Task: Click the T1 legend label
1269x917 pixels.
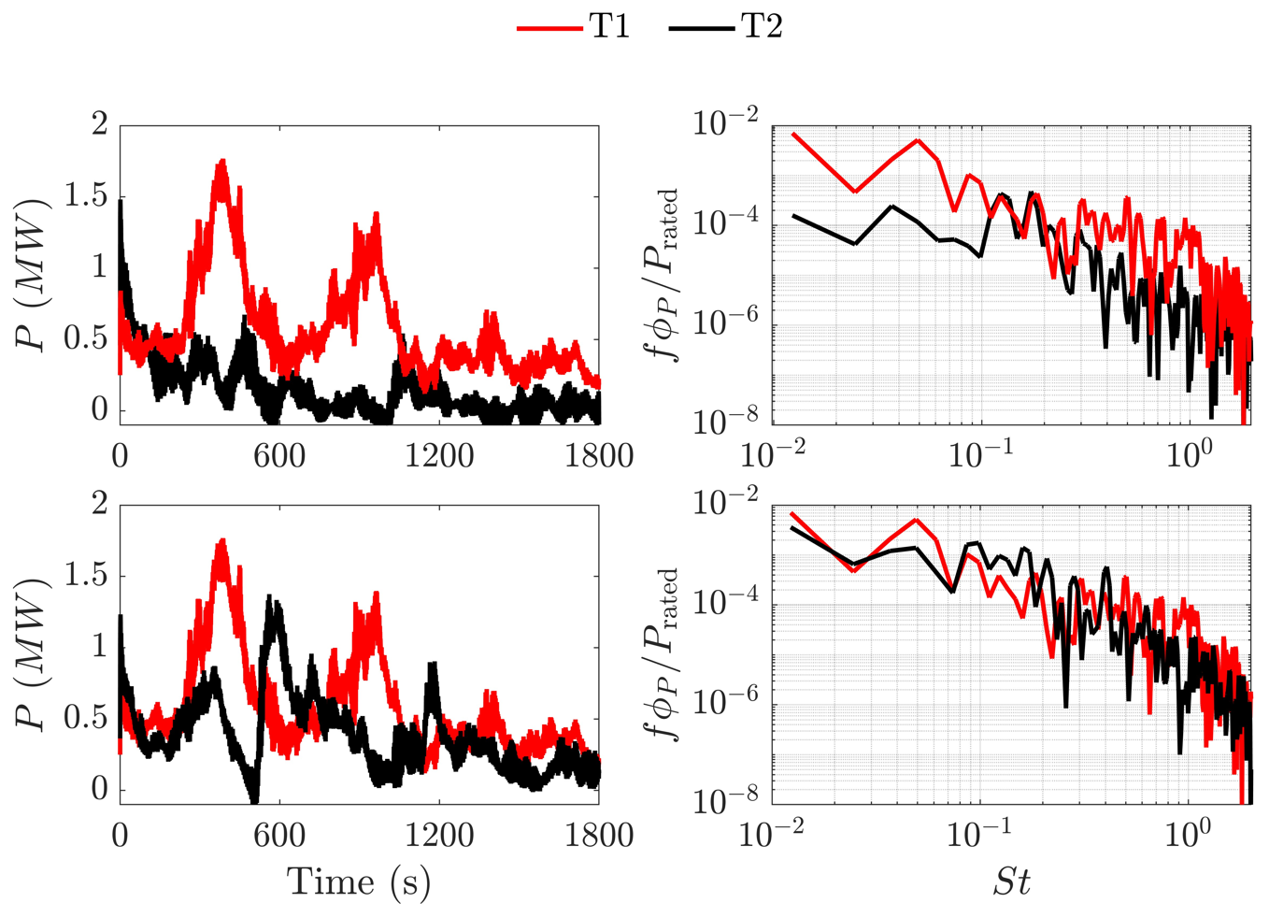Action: point(609,27)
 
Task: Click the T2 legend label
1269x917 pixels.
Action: point(762,27)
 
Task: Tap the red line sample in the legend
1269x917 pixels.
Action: point(550,28)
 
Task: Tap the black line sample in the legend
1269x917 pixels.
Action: point(702,28)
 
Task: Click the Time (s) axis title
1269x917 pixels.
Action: point(359,881)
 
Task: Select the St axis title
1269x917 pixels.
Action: point(1011,881)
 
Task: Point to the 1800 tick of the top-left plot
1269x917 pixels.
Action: point(599,455)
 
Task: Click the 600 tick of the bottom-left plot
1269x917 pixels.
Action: point(279,835)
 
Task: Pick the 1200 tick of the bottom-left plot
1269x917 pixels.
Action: point(439,835)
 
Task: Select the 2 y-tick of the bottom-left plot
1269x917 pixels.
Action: point(99,505)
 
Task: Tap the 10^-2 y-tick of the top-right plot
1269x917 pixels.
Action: point(724,123)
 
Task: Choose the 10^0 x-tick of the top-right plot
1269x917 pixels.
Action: point(1190,455)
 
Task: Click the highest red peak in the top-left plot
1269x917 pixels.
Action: point(222,161)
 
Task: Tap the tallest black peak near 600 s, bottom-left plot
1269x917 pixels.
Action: point(272,595)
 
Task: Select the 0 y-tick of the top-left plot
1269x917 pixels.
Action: point(99,409)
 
